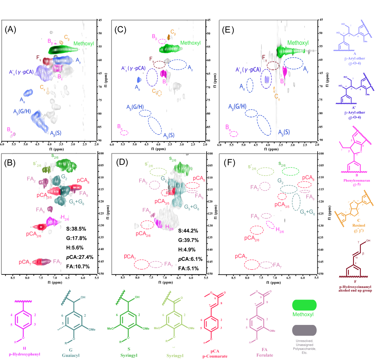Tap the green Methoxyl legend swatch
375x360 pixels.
(304, 305)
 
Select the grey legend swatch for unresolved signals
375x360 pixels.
(304, 330)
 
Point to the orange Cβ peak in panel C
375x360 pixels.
(169, 37)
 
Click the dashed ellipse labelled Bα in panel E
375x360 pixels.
(234, 134)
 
